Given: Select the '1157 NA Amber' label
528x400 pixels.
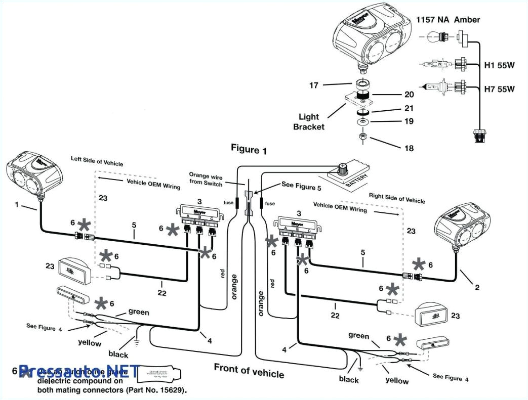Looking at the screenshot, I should coord(448,20).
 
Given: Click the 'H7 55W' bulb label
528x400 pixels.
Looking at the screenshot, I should coord(499,90).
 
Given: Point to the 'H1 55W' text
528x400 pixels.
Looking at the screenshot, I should coord(499,65).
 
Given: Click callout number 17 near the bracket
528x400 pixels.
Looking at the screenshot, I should coord(314,85).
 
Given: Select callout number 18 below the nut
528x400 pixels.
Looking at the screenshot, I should coord(409,148).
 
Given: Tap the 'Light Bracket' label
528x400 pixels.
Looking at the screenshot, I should coord(309,121).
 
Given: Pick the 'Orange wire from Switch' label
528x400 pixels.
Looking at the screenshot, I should coord(206,179).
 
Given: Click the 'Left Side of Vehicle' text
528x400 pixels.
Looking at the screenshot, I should coord(97,161).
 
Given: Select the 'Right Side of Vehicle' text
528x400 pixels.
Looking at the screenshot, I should coord(397,198).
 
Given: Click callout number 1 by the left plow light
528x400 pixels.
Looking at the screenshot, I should coord(17,205).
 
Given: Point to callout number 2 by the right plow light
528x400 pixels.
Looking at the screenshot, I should coord(477,287).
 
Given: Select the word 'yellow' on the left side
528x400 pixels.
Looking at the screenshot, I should coord(90,343).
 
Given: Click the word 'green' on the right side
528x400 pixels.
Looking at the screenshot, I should coord(359,335).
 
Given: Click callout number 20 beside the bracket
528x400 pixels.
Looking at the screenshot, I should coord(409,94).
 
